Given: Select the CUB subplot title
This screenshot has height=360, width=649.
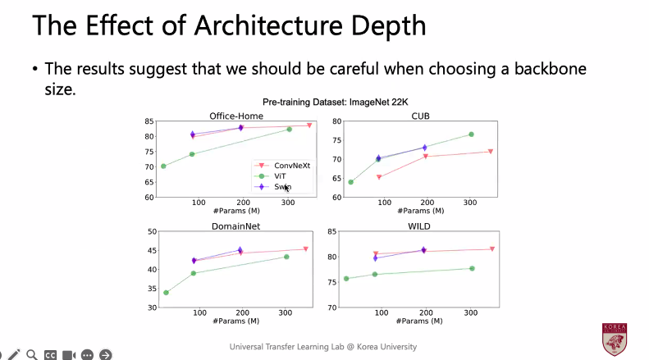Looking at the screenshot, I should click(421, 116).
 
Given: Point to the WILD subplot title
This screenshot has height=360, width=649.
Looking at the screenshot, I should click(421, 226).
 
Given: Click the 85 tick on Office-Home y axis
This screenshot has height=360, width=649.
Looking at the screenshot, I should click(149, 121).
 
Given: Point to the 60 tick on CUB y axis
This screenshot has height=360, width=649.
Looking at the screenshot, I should click(336, 198).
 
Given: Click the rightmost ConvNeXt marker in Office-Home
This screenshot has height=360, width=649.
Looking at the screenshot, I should click(309, 125).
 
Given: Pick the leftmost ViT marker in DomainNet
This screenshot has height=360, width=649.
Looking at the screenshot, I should click(167, 293).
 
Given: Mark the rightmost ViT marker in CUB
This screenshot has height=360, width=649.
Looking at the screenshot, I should click(472, 134).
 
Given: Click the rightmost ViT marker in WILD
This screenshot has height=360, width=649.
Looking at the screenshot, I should click(472, 268).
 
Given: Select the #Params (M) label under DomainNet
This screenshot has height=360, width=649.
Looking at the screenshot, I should click(235, 320).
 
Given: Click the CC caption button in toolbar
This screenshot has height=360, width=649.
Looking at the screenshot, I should click(50, 354).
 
